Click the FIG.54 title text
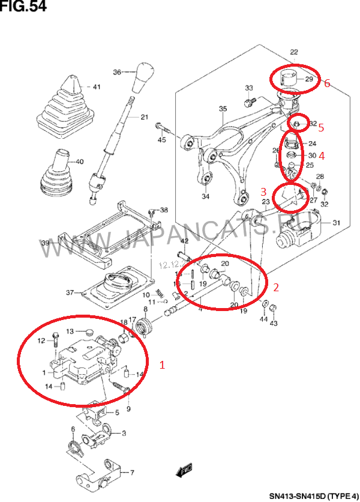point(23,7)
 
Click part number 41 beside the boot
point(96,87)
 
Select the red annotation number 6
point(327,83)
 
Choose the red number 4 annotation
point(322,156)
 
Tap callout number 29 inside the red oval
point(309,79)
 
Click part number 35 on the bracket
point(223,109)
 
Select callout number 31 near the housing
point(336,223)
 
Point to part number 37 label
point(70,292)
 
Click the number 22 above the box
point(294,52)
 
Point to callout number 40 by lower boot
point(80,162)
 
